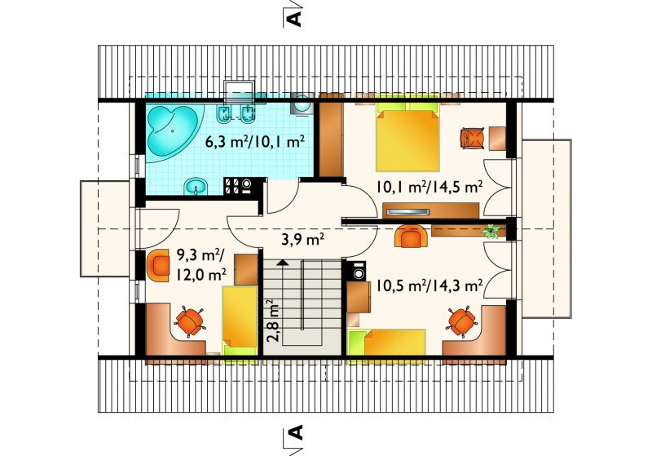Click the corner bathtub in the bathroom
pyautogui.click(x=173, y=131)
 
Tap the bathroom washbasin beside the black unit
pyautogui.click(x=196, y=187)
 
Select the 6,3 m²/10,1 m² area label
pyautogui.click(x=255, y=141)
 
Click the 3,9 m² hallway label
pyautogui.click(x=302, y=240)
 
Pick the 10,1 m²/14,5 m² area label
pyautogui.click(x=430, y=187)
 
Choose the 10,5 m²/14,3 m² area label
pyautogui.click(x=430, y=286)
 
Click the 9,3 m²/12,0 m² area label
pyautogui.click(x=201, y=264)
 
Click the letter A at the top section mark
pyautogui.click(x=294, y=19)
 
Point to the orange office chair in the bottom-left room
pyautogui.click(x=190, y=322)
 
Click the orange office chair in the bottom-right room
pyautogui.click(x=461, y=321)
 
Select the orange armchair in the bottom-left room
pyautogui.click(x=158, y=266)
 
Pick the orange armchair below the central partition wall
pyautogui.click(x=411, y=236)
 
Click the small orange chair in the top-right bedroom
pyautogui.click(x=473, y=138)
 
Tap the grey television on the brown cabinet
pyautogui.click(x=407, y=212)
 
